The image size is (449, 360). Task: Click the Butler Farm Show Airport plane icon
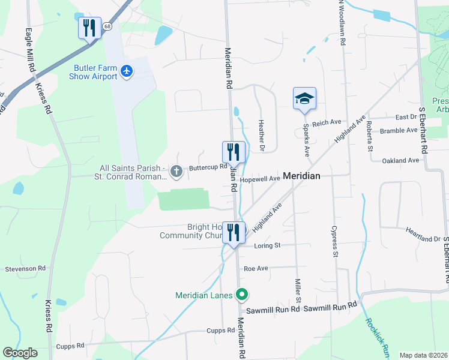(126, 71)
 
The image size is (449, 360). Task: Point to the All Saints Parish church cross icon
(176, 172)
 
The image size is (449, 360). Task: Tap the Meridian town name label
(301, 176)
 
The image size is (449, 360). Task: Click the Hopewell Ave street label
(261, 179)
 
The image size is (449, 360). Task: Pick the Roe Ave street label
(256, 269)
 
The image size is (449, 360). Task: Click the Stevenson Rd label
(25, 269)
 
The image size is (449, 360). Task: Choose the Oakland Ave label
(400, 161)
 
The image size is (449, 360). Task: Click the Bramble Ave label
(399, 130)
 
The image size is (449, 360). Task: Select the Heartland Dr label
(423, 239)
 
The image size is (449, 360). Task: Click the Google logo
(20, 353)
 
